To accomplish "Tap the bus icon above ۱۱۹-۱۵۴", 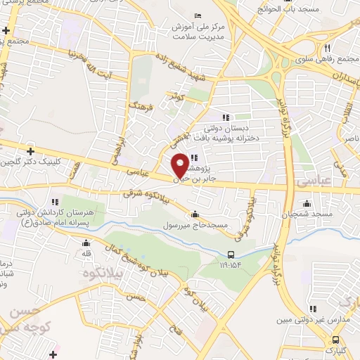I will (x=232, y=255).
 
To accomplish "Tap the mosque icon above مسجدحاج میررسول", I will (x=195, y=214).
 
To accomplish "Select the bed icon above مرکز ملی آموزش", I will (x=198, y=15).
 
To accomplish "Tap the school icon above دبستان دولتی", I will (x=225, y=117).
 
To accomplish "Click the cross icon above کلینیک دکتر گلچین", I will (x=30, y=150).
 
